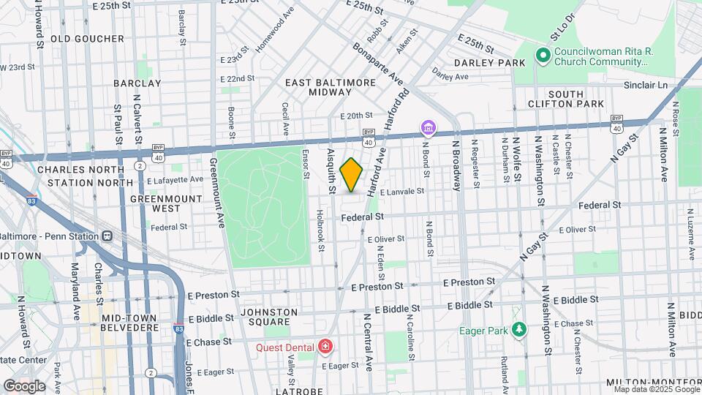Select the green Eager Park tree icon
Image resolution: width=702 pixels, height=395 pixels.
[x=519, y=331]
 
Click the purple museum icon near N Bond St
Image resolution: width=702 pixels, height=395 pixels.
[x=428, y=129]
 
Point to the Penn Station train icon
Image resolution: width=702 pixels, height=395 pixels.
[x=107, y=236]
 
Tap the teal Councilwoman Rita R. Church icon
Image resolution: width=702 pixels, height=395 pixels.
[x=543, y=56]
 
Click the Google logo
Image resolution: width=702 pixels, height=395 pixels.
[x=24, y=385]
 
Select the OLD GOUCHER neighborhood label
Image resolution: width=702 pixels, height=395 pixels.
[x=87, y=39]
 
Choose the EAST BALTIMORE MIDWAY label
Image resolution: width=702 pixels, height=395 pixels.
[x=331, y=88]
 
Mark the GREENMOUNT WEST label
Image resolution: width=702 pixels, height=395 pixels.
[x=155, y=203]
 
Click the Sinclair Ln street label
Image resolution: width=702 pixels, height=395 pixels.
[x=648, y=86]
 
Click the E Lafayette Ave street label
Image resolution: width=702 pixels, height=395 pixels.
[x=175, y=179]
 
